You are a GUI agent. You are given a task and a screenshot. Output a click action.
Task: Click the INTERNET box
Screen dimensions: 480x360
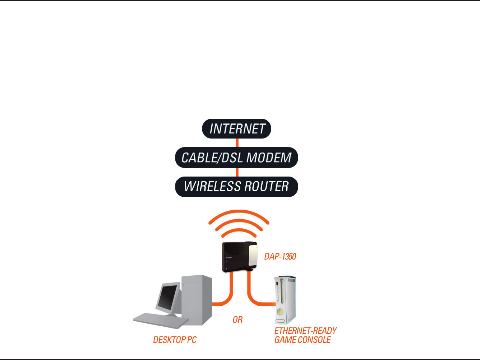pyautogui.click(x=236, y=129)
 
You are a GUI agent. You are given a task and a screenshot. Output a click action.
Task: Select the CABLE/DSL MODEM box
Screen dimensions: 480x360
pyautogui.click(x=236, y=158)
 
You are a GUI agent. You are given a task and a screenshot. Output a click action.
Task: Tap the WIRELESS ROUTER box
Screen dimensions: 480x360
pyautogui.click(x=236, y=186)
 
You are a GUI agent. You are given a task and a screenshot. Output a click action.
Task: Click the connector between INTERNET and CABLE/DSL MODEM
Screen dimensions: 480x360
pyautogui.click(x=237, y=143)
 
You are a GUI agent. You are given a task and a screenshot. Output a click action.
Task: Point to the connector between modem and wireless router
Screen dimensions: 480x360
pyautogui.click(x=237, y=172)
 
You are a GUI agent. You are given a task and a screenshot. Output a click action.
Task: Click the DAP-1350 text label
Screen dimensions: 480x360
pyautogui.click(x=280, y=256)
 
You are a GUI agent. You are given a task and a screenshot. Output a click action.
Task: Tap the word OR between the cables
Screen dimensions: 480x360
pyautogui.click(x=238, y=320)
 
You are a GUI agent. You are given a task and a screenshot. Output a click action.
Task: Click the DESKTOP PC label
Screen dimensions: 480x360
pyautogui.click(x=175, y=340)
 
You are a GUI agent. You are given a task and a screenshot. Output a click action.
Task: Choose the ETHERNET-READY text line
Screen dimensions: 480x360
pyautogui.click(x=305, y=331)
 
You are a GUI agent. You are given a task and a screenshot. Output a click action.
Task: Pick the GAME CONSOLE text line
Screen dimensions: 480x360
pyautogui.click(x=302, y=340)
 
